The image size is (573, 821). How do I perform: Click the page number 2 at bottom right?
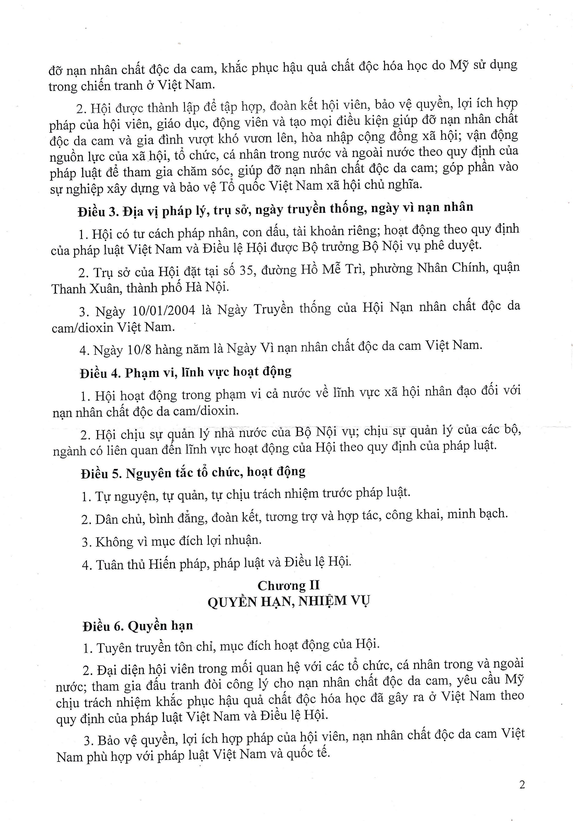[x=522, y=785]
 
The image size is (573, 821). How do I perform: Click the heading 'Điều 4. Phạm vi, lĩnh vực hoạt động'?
[x=186, y=372]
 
